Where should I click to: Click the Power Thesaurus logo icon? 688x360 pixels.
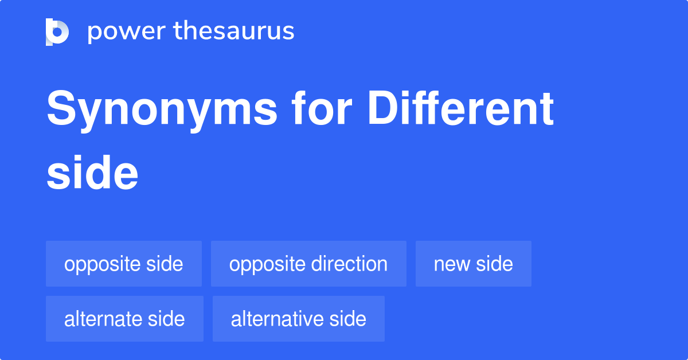(x=57, y=32)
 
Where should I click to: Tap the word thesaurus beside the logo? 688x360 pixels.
(x=234, y=32)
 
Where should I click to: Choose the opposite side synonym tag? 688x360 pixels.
(x=124, y=264)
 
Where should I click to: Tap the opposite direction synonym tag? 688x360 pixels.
(x=308, y=264)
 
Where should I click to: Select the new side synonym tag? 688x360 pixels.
(x=474, y=264)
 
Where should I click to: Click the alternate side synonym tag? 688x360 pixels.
(x=124, y=319)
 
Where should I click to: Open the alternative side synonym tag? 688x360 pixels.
(x=299, y=319)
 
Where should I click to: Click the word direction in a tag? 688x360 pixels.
(x=349, y=264)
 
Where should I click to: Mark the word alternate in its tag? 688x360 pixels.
(x=104, y=319)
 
